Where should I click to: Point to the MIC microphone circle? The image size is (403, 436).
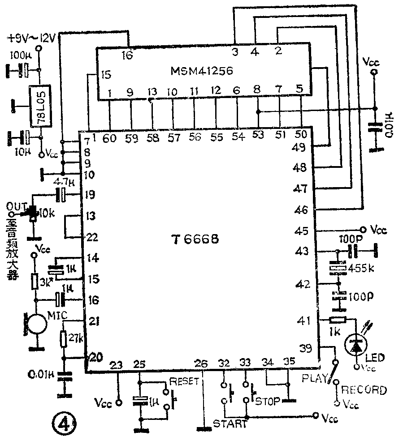37,325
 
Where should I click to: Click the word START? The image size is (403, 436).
230,423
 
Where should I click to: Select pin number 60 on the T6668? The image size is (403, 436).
109,138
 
